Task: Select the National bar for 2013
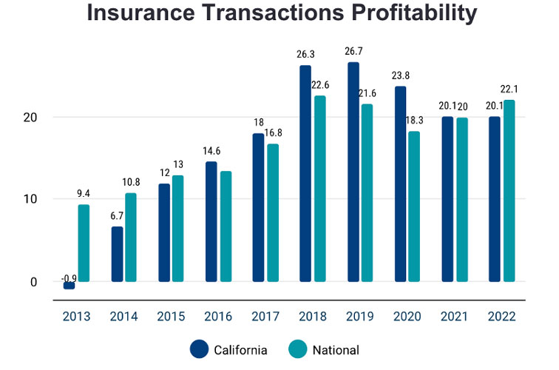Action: pyautogui.click(x=84, y=243)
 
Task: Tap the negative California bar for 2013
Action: pyautogui.click(x=69, y=285)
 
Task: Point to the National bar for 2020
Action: pyautogui.click(x=414, y=206)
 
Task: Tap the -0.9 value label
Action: pyautogui.click(x=69, y=279)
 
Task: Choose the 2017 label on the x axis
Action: pyautogui.click(x=265, y=317)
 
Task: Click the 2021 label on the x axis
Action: pyautogui.click(x=454, y=317)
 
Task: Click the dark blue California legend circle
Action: pyautogui.click(x=200, y=349)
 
